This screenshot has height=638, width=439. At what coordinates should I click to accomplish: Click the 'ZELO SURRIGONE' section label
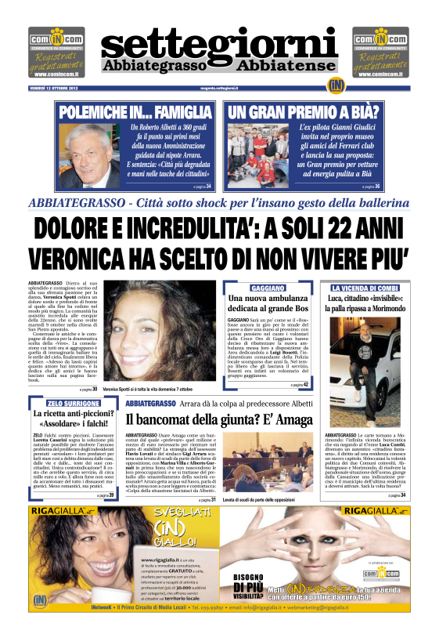(x=73, y=403)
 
